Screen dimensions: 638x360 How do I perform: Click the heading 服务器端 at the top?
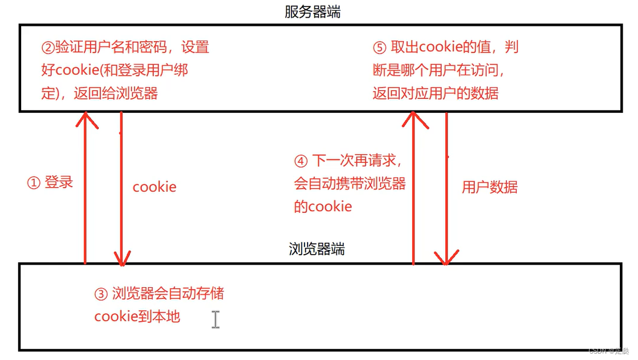click(x=312, y=12)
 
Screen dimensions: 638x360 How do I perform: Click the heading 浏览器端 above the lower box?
click(x=317, y=249)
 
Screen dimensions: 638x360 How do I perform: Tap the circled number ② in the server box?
click(x=48, y=48)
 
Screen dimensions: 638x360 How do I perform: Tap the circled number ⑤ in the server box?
click(x=379, y=48)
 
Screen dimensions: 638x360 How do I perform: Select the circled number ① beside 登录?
click(x=34, y=183)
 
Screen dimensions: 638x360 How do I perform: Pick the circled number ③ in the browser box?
click(x=101, y=294)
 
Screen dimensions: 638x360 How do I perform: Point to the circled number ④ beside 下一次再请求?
click(x=300, y=161)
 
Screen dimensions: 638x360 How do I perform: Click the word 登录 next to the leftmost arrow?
click(x=59, y=182)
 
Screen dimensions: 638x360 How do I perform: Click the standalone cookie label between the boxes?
click(x=154, y=188)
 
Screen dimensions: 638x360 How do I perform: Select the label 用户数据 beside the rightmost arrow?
click(x=489, y=188)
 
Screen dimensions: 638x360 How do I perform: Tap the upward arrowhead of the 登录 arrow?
click(x=85, y=119)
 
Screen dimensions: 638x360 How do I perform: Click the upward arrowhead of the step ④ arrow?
click(x=413, y=119)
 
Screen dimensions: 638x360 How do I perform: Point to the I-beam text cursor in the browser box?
click(x=216, y=319)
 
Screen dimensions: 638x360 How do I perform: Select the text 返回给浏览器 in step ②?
click(x=116, y=94)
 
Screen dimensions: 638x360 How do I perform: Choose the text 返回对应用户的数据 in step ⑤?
click(x=435, y=94)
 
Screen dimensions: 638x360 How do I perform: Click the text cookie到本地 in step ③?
click(x=137, y=316)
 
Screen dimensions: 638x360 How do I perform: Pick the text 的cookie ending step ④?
click(x=323, y=206)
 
